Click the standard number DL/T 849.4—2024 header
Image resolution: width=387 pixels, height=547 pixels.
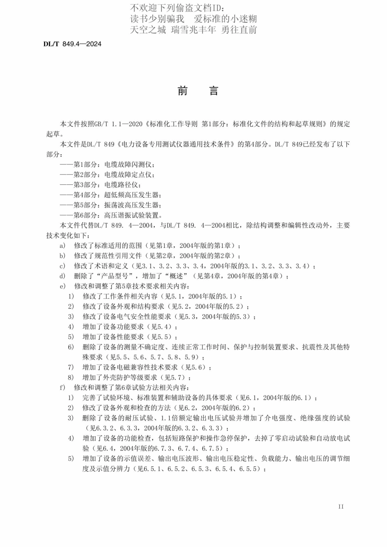click(72, 44)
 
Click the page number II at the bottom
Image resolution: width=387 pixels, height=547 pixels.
click(341, 507)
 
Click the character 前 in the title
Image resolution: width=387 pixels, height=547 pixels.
click(183, 91)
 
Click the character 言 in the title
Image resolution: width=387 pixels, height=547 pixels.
click(214, 91)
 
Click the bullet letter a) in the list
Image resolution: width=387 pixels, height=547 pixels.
click(62, 246)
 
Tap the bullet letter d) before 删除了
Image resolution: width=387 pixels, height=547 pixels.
click(62, 276)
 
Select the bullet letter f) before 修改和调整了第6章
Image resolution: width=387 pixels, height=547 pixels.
click(62, 388)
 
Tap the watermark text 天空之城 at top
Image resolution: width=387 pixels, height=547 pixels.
click(148, 30)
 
